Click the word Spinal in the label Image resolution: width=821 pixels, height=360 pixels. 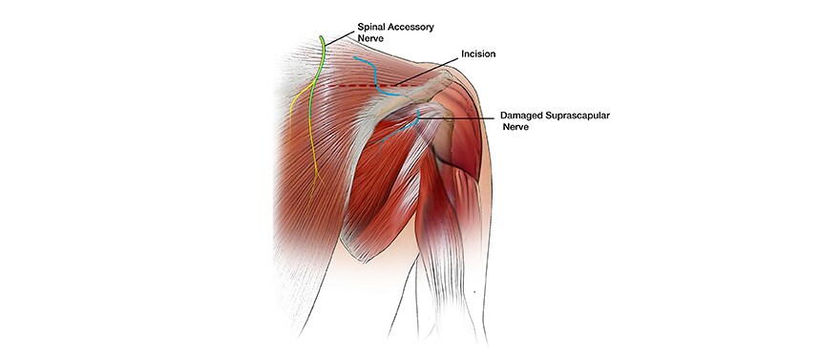tap(371, 28)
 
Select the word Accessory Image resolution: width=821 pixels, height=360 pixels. tap(412, 28)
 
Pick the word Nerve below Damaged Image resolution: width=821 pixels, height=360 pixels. tap(516, 127)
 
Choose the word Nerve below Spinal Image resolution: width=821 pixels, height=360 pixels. tap(371, 39)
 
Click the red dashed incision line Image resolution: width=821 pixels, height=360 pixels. tap(353, 85)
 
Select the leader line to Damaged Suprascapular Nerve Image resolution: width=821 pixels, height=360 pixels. tap(468, 116)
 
